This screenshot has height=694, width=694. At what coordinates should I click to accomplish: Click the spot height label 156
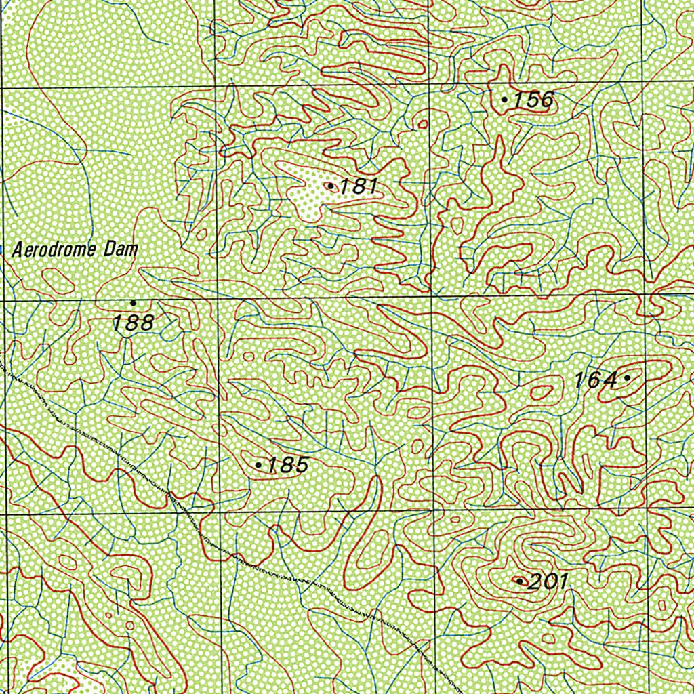pyautogui.click(x=533, y=100)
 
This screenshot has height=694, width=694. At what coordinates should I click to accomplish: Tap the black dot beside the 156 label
pyautogui.click(x=504, y=100)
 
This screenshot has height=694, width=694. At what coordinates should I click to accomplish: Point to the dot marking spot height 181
pyautogui.click(x=330, y=185)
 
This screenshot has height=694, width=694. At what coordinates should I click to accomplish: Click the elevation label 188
pyautogui.click(x=133, y=323)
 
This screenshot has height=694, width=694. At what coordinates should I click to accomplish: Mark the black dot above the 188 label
pyautogui.click(x=133, y=302)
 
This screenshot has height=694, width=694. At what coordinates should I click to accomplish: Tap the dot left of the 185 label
pyautogui.click(x=259, y=465)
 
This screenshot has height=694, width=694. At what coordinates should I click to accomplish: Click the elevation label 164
pyautogui.click(x=596, y=380)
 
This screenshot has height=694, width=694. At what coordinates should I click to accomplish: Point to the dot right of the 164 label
pyautogui.click(x=627, y=377)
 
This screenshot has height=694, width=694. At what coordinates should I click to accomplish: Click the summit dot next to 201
pyautogui.click(x=520, y=581)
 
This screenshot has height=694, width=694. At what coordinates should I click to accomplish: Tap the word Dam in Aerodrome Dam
pyautogui.click(x=121, y=249)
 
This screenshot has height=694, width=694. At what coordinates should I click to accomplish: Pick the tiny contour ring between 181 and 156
pyautogui.click(x=423, y=124)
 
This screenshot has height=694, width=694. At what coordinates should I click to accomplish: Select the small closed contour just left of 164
pyautogui.click(x=542, y=392)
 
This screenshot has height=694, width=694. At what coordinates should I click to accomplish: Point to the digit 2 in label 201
pyautogui.click(x=535, y=581)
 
